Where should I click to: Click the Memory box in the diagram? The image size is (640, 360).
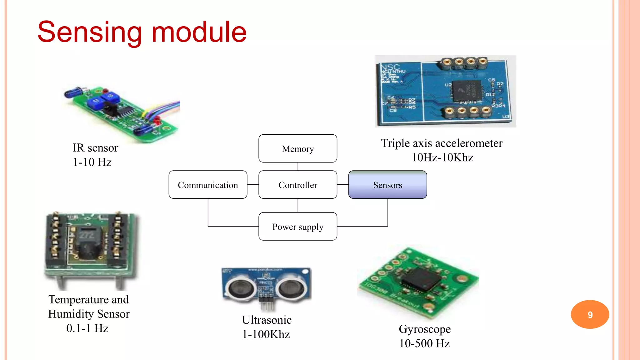pos(297,148)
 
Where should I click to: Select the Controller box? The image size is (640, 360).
pos(297,185)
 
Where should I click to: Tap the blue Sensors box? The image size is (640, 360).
pos(387,185)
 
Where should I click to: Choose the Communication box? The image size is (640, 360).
pos(208,185)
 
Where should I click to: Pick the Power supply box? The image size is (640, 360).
pos(297,227)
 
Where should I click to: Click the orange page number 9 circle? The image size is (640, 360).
pos(590,314)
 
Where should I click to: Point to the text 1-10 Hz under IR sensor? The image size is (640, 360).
pos(92,162)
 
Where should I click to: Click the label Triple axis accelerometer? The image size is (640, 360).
pos(442,143)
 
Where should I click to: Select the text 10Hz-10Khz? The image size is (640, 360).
pos(442,157)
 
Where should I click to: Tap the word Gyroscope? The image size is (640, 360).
pos(425,329)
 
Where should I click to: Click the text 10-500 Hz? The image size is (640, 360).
pos(424,343)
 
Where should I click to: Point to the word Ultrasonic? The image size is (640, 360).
pos(267,320)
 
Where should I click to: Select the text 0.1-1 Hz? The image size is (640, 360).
pos(87,328)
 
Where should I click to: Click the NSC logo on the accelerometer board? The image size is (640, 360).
pos(390,67)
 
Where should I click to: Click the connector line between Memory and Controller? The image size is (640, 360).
pos(298,167)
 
